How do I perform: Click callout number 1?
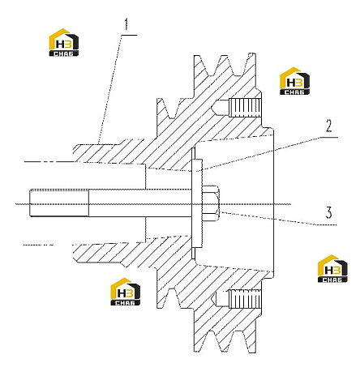126,24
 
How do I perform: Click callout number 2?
328,126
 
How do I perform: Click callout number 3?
328,212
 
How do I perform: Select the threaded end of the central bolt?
59,203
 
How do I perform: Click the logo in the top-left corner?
64,42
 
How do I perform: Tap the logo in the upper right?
295,81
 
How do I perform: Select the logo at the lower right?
332,268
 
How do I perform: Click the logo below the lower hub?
126,292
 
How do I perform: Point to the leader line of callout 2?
267,154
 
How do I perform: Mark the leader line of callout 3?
278,219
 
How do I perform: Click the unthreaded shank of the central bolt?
140,203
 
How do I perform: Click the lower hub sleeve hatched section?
108,253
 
